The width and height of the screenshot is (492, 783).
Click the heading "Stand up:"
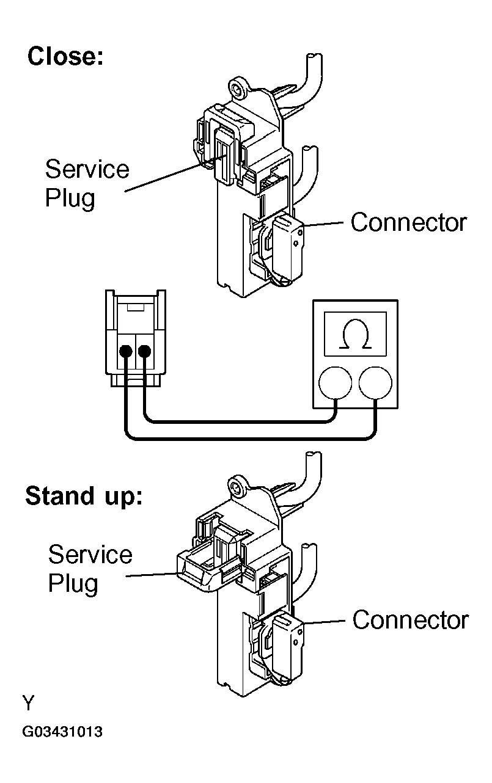(84, 496)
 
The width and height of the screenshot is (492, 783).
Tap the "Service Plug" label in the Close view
(87, 183)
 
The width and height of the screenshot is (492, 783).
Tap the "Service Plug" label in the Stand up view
(90, 569)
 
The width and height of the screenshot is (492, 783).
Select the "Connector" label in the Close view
(408, 223)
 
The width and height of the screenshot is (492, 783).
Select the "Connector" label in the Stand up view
(410, 620)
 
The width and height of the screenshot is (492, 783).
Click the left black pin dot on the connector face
(125, 351)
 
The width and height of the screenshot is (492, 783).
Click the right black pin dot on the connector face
(145, 351)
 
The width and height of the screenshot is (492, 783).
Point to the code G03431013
(62, 732)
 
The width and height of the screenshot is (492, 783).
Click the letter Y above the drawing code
(29, 703)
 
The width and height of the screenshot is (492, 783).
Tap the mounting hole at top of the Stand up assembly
(237, 487)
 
